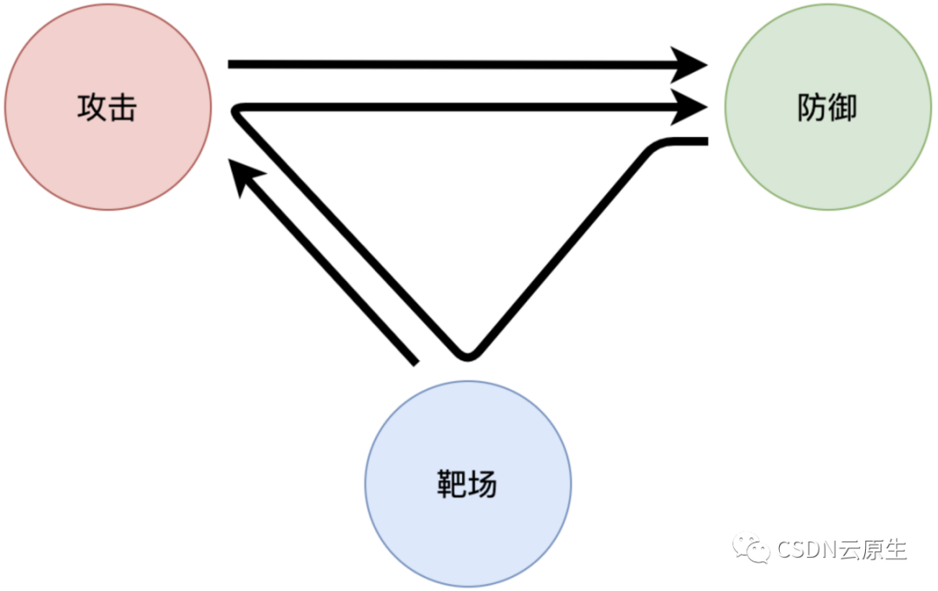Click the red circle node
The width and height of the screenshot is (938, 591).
coord(108,107)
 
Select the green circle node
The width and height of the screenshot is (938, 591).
coord(828,107)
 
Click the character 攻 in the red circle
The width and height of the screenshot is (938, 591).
coord(92,108)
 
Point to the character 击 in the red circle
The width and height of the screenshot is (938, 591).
coord(122,108)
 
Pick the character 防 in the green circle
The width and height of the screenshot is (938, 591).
coord(811,108)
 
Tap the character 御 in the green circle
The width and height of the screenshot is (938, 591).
coord(842,108)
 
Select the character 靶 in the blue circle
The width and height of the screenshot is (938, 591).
coord(452,485)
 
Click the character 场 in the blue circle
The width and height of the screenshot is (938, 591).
coord(483,485)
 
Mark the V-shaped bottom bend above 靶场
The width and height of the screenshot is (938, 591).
coord(467,354)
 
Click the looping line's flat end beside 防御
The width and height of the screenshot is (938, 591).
coord(704,141)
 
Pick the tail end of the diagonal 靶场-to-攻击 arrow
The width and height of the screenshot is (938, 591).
coord(413,360)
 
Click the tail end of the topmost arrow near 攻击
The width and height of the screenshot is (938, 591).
coord(231,64)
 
